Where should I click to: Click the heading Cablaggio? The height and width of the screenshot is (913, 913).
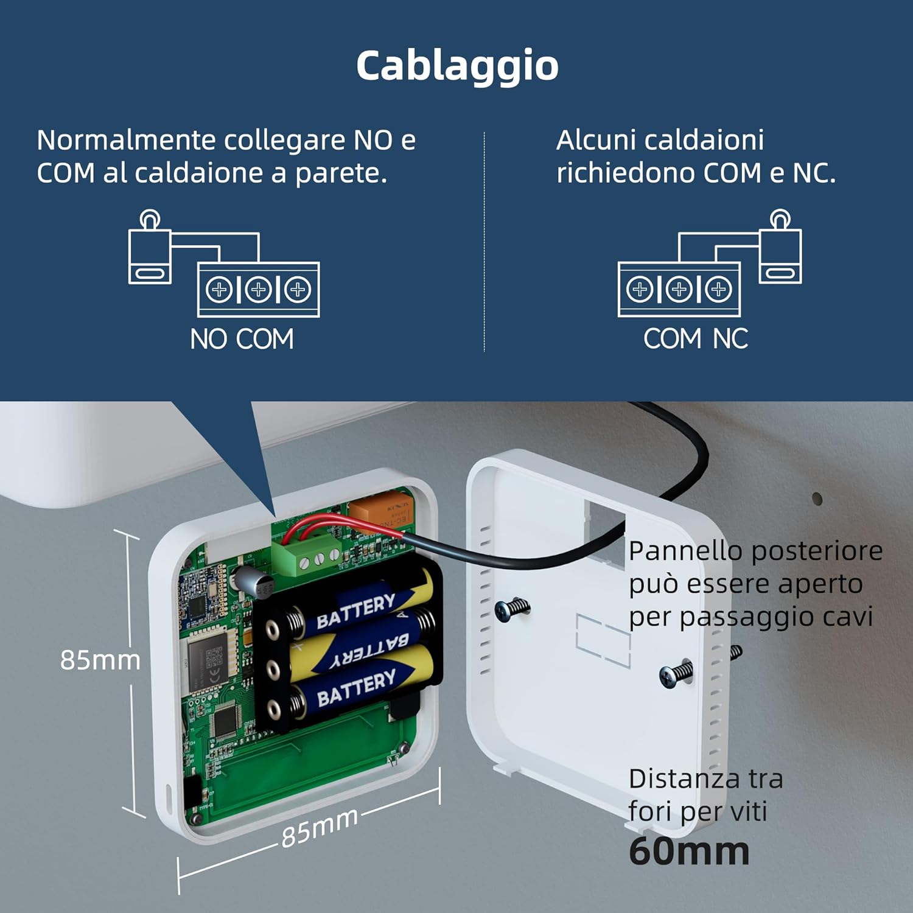coord(457,66)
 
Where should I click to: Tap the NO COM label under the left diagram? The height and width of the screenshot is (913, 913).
coord(242,339)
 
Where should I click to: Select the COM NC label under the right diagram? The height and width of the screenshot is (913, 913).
coord(696,339)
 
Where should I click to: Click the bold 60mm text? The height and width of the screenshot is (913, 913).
coord(689,851)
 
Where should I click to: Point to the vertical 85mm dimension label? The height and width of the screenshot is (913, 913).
coord(100,660)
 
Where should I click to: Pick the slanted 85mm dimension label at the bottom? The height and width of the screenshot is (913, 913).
coord(320,827)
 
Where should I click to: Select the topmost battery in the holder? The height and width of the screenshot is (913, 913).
coord(359,606)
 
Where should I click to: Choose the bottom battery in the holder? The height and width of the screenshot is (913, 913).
coord(359,688)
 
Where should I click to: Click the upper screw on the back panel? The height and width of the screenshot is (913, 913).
coord(511,608)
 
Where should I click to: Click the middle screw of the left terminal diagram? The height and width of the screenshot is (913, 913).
coord(258,289)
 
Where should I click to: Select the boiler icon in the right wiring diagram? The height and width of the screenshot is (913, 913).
coord(780,250)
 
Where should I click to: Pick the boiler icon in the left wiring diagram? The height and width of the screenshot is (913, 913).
coord(150,250)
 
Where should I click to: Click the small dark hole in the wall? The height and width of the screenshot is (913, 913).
coord(817,499)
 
